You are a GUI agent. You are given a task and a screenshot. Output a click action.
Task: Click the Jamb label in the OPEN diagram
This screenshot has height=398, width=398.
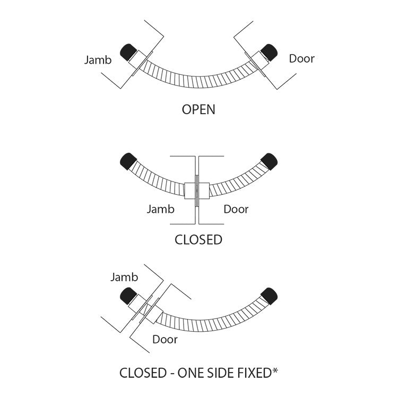click(x=98, y=59)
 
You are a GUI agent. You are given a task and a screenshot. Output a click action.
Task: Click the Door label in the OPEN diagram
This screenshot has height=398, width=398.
click(x=301, y=58)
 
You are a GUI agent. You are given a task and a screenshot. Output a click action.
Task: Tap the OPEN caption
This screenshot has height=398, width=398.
click(x=198, y=110)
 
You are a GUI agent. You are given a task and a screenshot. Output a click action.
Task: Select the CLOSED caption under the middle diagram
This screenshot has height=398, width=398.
click(x=198, y=240)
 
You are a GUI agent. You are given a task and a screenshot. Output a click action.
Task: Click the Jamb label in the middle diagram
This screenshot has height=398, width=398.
click(x=160, y=209)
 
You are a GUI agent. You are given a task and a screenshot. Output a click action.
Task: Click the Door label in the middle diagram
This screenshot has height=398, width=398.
click(x=236, y=209)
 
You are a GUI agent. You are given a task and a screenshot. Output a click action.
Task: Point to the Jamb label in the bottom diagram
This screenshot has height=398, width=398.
click(x=124, y=277)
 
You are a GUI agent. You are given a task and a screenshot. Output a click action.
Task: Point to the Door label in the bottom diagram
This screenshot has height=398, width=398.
click(x=165, y=340)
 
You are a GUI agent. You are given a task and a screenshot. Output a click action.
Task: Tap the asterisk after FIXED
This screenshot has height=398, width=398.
click(x=275, y=370)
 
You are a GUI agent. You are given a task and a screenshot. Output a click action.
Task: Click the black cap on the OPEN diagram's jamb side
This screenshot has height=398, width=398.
click(x=129, y=52)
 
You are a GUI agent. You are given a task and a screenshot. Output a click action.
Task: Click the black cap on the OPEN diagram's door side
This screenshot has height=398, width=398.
click(x=269, y=52)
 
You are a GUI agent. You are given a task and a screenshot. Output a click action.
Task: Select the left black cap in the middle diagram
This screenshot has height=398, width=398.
click(x=127, y=160)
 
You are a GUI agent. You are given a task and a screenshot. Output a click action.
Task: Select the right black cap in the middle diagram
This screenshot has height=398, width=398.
click(x=270, y=160)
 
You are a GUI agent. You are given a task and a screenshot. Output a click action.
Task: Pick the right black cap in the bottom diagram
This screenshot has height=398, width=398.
click(x=270, y=296)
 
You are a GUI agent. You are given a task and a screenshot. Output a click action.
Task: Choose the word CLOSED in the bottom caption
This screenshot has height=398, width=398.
click(x=142, y=373)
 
